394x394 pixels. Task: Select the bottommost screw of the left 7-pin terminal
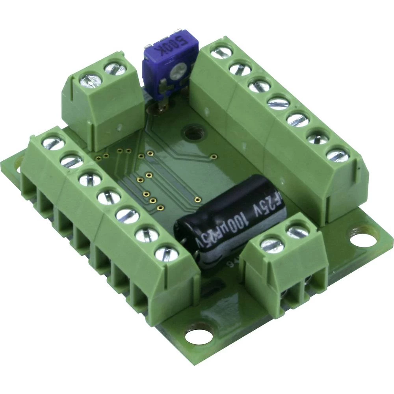[x=166, y=253]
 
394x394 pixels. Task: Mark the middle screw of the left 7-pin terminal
[x=108, y=197]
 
